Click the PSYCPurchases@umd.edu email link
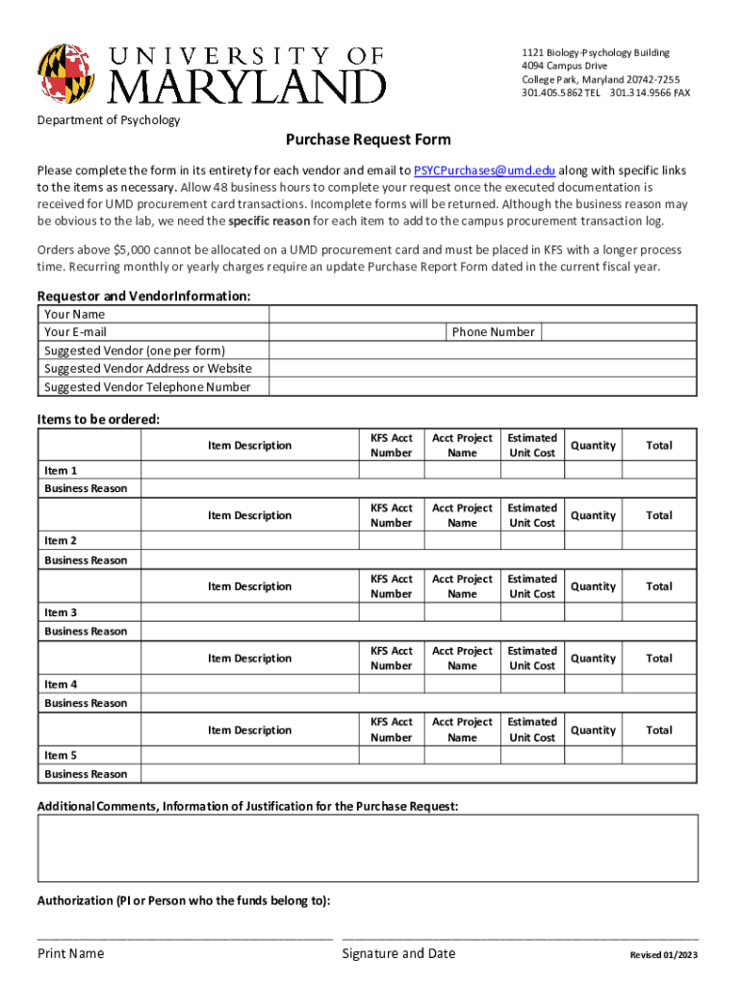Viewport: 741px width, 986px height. point(484,170)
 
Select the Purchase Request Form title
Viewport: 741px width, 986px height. point(369,140)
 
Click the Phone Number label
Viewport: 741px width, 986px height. point(493,332)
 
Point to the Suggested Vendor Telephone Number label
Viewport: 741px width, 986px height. point(147,387)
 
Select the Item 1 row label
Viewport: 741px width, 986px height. point(61,470)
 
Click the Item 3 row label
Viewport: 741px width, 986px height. point(61,612)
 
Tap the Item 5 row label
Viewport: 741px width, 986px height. point(61,756)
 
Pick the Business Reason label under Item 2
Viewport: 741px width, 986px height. point(86,559)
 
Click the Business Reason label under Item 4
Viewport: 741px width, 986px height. point(86,703)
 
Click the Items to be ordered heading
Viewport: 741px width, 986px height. point(98,419)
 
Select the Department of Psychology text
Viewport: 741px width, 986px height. point(109,120)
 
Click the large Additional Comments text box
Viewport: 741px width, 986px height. point(368,847)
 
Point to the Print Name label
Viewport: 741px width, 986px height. point(70,953)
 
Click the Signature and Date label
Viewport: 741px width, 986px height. point(398,953)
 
